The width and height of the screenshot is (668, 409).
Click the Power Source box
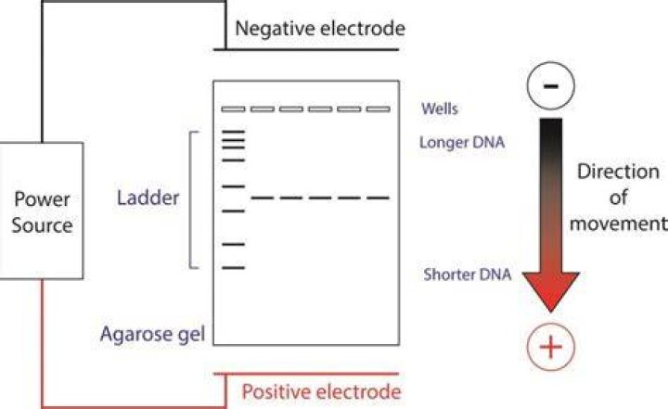tap(42, 211)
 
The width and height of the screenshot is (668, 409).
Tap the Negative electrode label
tap(320, 29)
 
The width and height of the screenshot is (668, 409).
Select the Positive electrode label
tap(321, 391)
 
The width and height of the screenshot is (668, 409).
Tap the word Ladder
tap(148, 198)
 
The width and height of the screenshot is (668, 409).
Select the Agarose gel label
tap(152, 335)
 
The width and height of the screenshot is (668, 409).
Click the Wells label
tap(440, 109)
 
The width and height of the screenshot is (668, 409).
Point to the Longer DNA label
tap(462, 142)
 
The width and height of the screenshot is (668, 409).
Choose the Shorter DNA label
tap(468, 274)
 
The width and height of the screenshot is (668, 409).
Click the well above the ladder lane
tap(233, 109)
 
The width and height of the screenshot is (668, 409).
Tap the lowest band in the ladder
tap(234, 267)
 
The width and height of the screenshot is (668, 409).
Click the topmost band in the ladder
tap(234, 132)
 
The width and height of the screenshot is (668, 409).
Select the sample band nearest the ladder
tap(262, 198)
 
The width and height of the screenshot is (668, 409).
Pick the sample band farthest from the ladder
tap(378, 198)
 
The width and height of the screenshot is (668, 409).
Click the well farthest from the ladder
tap(379, 109)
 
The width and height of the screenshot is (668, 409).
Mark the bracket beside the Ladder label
tap(190, 200)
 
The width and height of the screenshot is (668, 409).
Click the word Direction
tap(618, 172)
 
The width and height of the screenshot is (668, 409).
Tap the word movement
tap(619, 224)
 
